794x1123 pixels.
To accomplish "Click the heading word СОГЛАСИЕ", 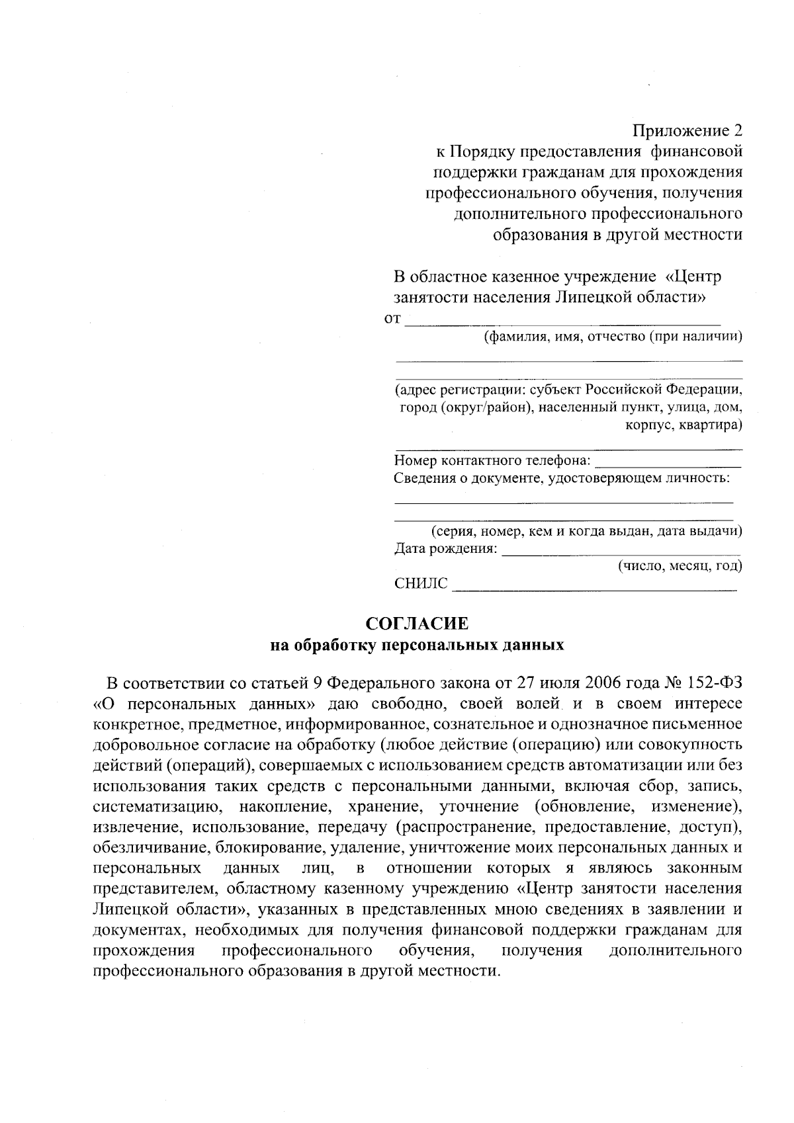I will pos(417,624).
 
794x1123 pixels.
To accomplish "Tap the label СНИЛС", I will pos(420,584).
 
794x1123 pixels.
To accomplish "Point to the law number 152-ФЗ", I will pos(711,682).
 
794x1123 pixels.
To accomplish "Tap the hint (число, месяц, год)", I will pos(680,566).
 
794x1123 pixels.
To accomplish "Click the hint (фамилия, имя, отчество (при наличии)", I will pos(613,337).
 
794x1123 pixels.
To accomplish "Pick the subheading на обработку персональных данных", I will pos(417,645).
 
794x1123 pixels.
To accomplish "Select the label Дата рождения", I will pos(445,548).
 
